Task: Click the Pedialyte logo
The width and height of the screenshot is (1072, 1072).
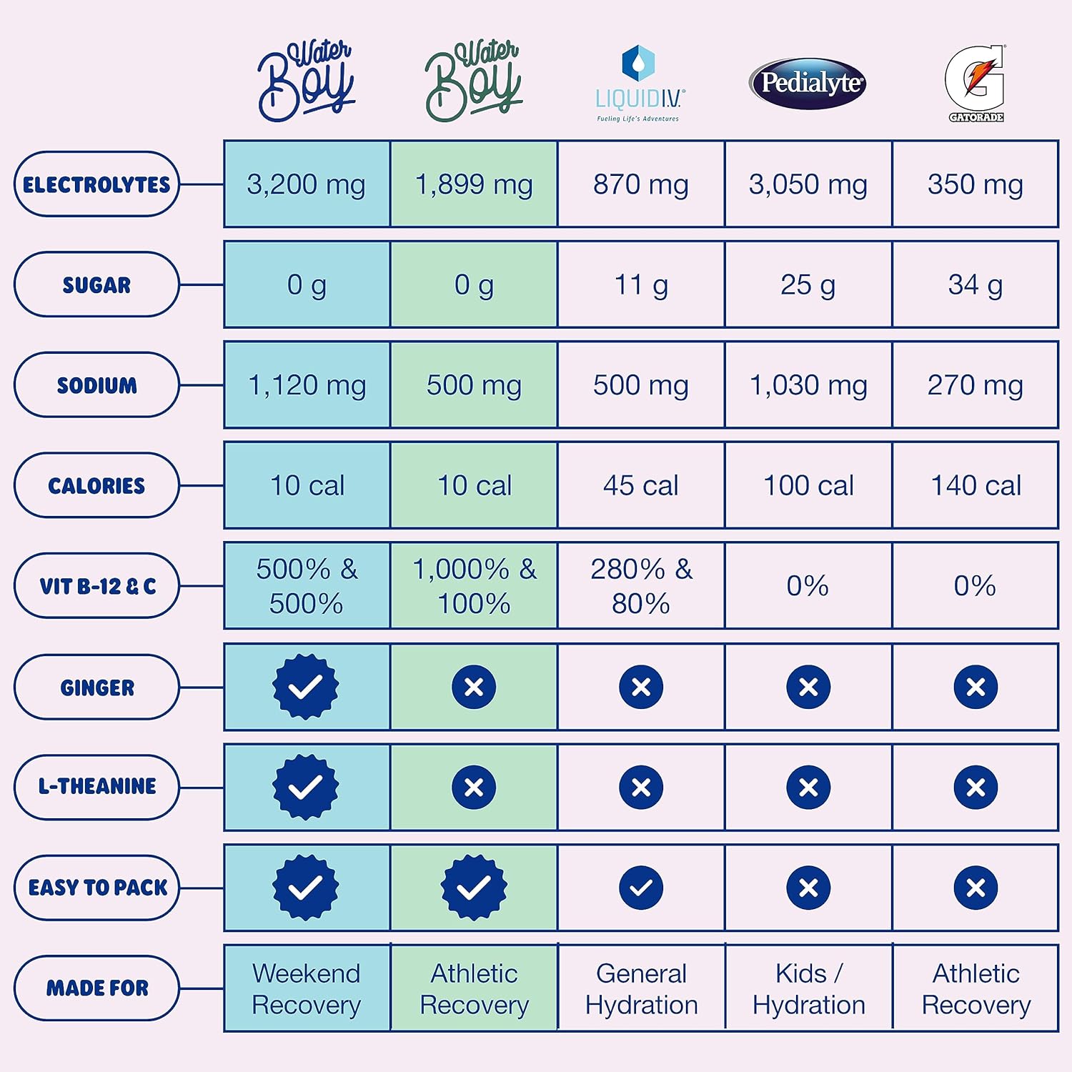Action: pos(808,83)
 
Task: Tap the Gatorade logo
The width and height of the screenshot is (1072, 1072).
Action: pos(976,83)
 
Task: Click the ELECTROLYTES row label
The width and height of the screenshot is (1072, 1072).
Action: pos(96,184)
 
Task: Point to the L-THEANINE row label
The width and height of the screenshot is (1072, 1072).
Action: pos(96,787)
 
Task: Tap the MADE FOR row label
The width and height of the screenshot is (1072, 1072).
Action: pos(96,988)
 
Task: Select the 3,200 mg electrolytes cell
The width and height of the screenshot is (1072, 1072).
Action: pos(307,184)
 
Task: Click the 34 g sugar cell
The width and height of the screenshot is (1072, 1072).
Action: pos(976,284)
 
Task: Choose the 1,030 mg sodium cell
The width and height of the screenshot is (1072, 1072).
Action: pos(808,385)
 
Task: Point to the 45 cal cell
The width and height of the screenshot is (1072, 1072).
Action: pos(641,485)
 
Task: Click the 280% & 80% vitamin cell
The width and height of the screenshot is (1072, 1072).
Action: pos(641,586)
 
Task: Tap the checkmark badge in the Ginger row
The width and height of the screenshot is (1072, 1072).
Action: pos(306,687)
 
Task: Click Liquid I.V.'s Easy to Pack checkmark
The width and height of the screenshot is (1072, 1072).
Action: pos(641,888)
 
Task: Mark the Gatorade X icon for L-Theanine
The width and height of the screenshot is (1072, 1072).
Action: pos(976,788)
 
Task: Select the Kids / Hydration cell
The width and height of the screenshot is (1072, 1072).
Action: pos(808,988)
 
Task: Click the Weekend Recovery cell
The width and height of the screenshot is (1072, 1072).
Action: pos(307,988)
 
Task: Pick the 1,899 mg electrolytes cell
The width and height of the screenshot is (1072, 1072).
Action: pos(474,184)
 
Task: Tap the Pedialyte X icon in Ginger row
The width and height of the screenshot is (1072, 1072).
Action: pos(808,687)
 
